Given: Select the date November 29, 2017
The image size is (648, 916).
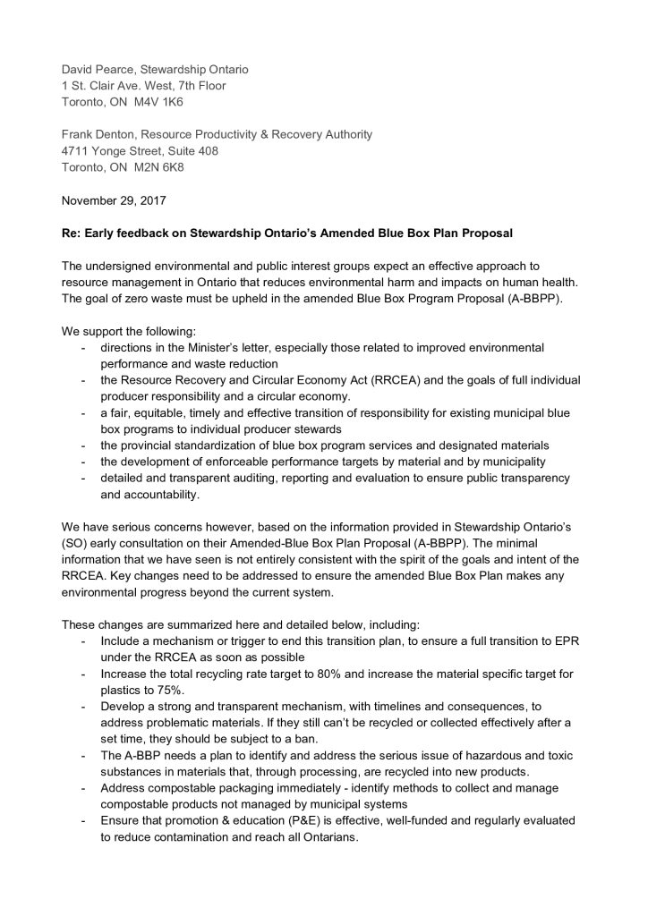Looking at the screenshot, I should coord(113,200).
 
